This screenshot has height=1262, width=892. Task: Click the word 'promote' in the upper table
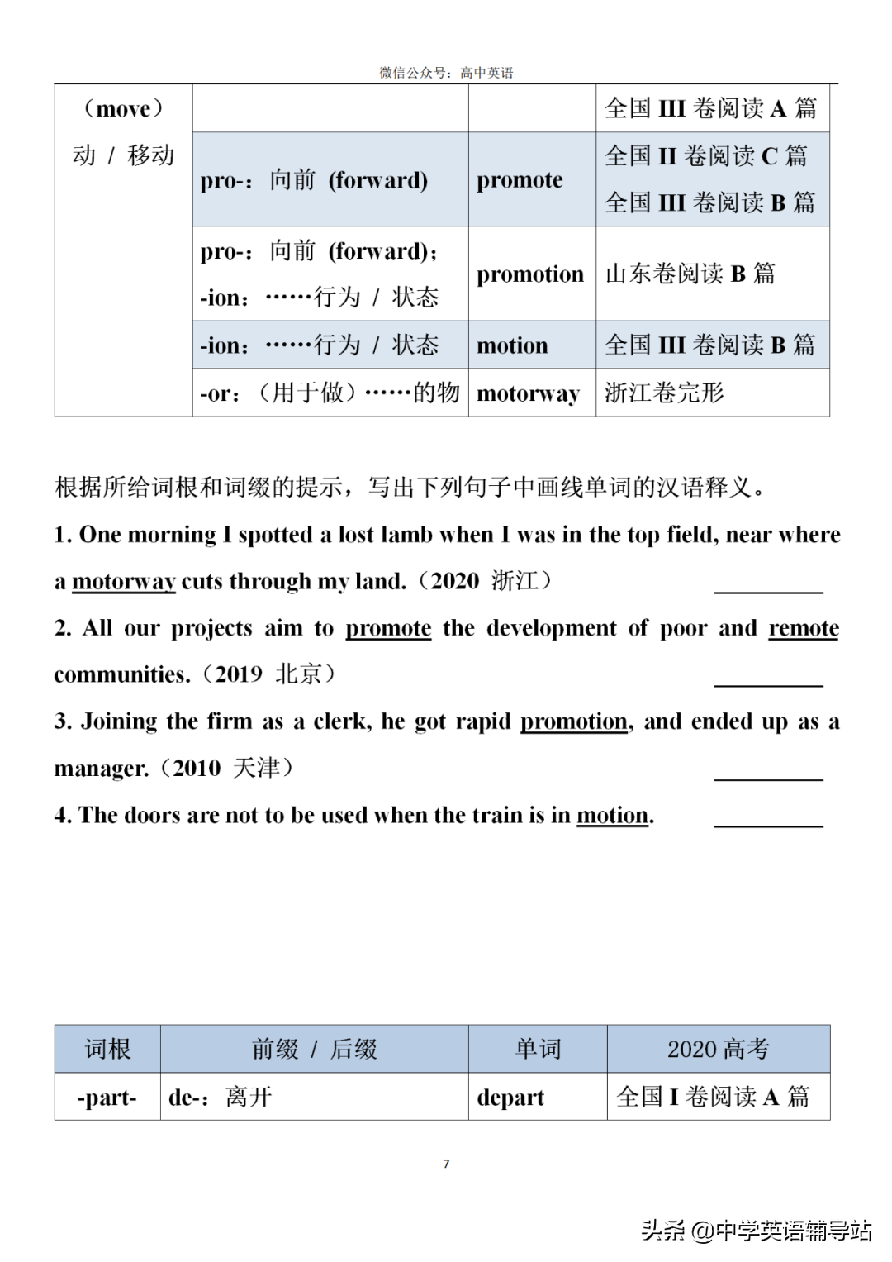click(x=520, y=180)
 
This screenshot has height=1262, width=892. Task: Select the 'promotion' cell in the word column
click(x=530, y=274)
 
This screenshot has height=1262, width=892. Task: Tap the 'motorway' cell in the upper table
click(x=529, y=393)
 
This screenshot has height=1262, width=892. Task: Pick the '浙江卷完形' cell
click(x=664, y=393)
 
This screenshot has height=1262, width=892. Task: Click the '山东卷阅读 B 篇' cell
click(x=690, y=274)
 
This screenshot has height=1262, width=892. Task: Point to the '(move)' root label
click(x=123, y=108)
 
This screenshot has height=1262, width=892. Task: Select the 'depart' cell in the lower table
click(x=510, y=1098)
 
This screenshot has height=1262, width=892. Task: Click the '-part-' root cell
click(x=107, y=1098)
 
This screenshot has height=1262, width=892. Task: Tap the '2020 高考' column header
click(x=718, y=1050)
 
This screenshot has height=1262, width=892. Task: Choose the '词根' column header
click(x=107, y=1050)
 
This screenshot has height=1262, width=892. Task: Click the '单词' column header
click(x=538, y=1050)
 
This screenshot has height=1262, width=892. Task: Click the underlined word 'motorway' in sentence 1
click(x=124, y=582)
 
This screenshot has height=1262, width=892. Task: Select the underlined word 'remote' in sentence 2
click(x=804, y=628)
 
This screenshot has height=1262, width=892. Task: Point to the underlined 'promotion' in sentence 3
click(x=574, y=721)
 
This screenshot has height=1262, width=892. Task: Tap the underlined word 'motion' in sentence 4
click(x=612, y=816)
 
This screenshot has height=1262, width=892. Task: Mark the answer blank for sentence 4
click(x=768, y=821)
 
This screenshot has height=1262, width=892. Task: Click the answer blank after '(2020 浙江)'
click(x=768, y=588)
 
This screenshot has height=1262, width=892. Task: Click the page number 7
click(x=446, y=1164)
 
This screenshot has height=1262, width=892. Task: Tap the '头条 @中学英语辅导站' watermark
click(x=756, y=1231)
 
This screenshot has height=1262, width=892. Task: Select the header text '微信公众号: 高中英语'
click(x=446, y=73)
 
